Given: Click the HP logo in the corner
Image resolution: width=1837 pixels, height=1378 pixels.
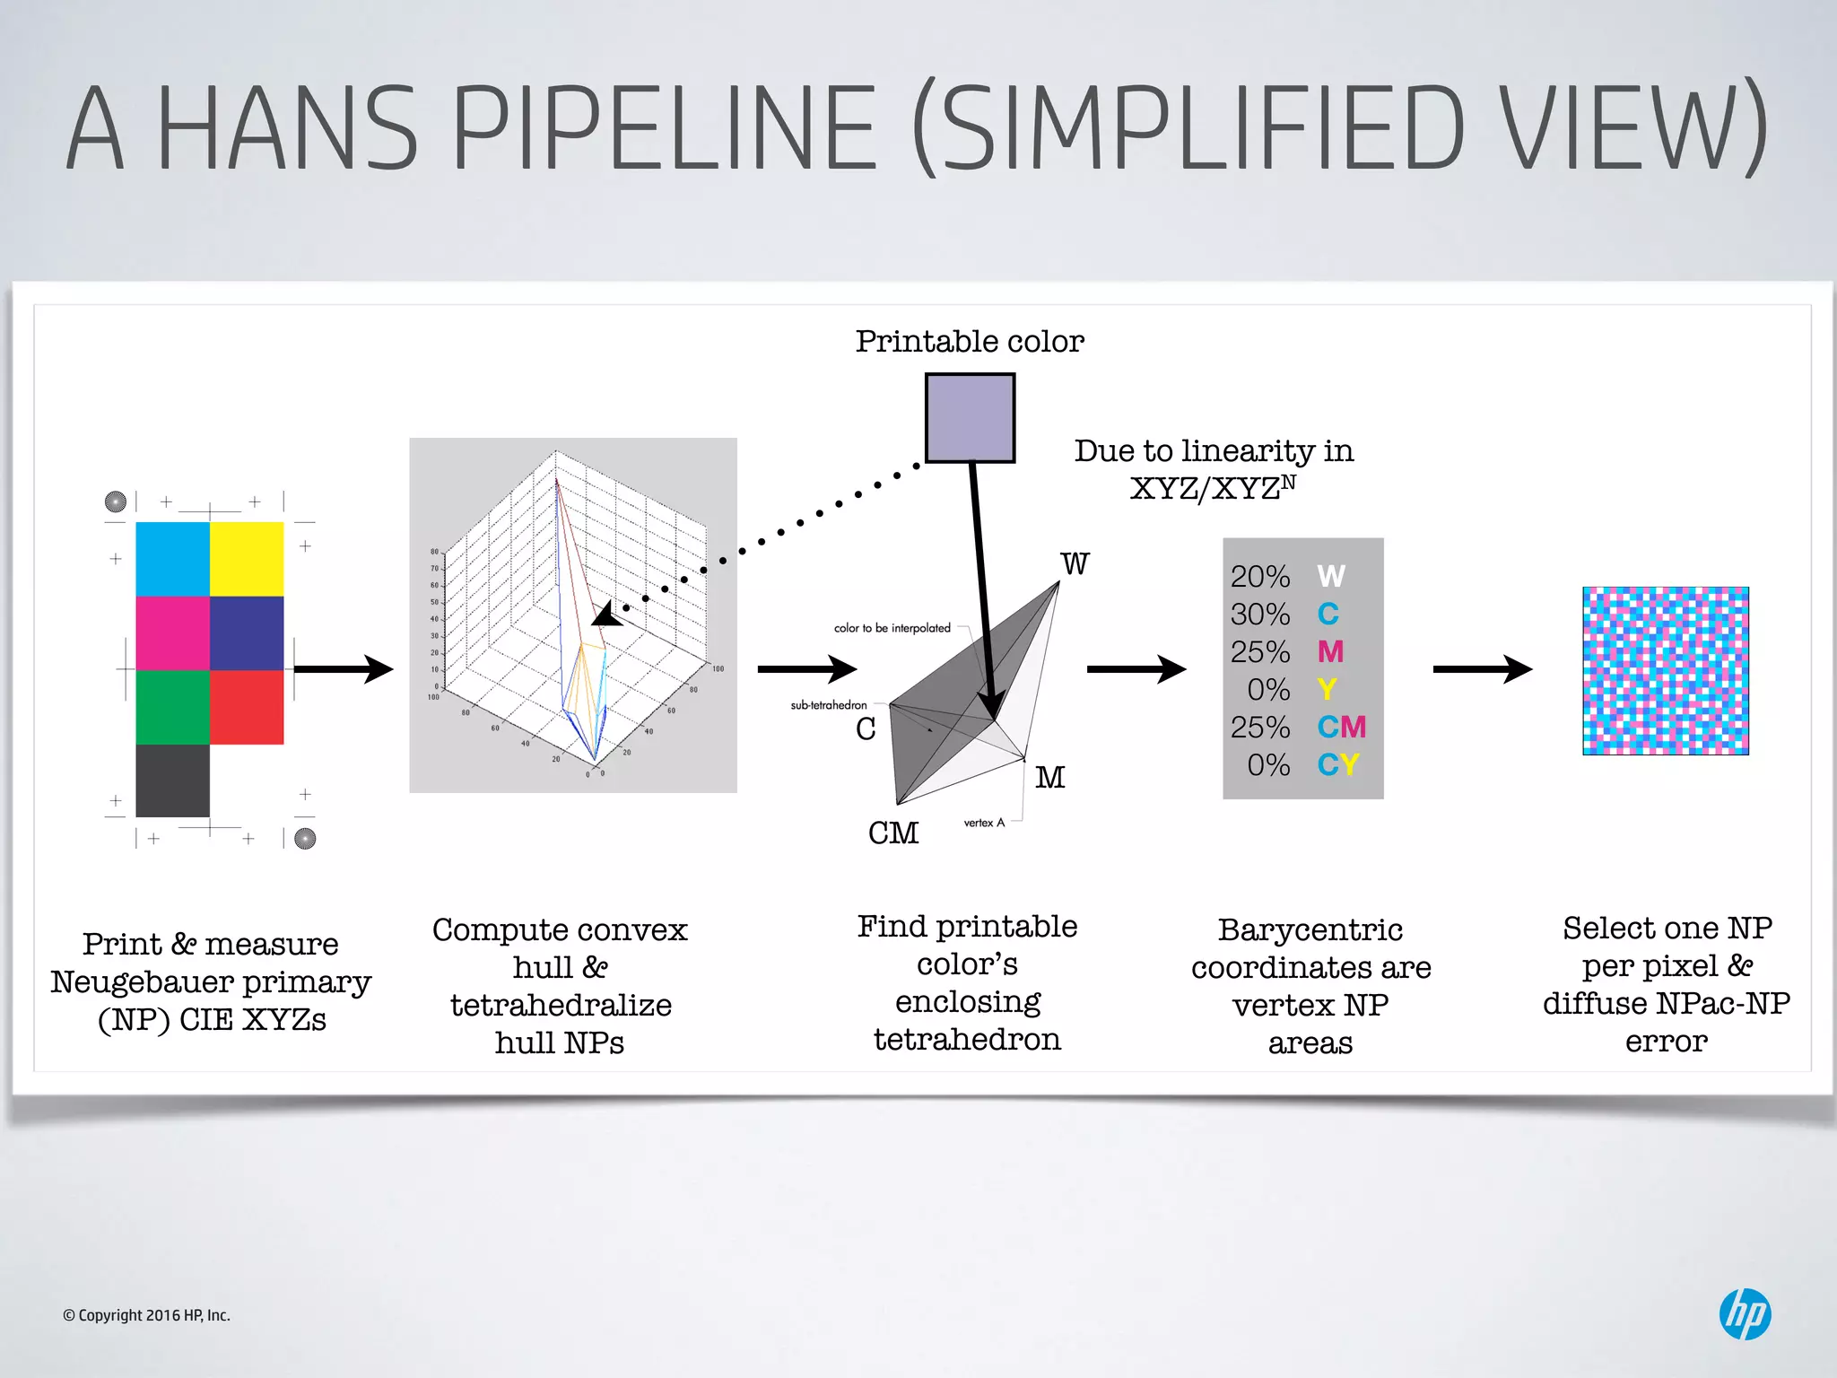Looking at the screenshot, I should tap(1745, 1314).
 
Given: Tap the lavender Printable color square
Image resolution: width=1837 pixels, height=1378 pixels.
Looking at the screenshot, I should tap(970, 418).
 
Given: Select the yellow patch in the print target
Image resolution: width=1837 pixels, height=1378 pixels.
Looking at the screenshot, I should tap(247, 559).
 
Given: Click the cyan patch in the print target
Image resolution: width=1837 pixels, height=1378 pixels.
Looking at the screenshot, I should tap(172, 559).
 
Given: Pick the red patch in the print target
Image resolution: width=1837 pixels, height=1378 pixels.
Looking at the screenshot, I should tap(247, 707).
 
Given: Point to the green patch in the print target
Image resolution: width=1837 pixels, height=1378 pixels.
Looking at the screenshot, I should tap(172, 707).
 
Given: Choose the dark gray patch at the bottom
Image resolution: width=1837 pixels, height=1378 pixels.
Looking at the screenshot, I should tap(172, 781).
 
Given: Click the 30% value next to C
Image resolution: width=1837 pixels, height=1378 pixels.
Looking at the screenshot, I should tap(1259, 615).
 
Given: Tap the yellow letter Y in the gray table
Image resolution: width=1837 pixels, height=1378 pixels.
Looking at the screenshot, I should tap(1327, 690).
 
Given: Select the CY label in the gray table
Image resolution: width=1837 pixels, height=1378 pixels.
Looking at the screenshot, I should tap(1338, 765).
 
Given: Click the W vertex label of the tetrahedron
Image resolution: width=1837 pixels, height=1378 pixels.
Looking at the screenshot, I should tap(1075, 564).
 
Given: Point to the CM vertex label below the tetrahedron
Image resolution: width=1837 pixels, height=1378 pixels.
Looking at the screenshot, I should tap(892, 833).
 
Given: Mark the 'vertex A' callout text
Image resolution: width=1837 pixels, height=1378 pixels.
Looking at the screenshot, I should tap(984, 823).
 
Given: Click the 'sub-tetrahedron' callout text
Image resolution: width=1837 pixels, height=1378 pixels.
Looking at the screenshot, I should tap(829, 705).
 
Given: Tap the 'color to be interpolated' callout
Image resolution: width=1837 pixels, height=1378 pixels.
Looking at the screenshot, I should tap(892, 628).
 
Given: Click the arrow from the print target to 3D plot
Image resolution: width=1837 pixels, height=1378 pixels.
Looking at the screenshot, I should tap(344, 669).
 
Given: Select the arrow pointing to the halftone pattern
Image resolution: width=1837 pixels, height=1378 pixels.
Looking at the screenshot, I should tap(1482, 669).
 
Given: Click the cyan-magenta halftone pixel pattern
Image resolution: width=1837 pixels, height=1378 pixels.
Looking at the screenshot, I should tap(1665, 670).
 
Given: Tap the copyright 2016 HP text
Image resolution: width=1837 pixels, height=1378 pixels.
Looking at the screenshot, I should tap(146, 1315).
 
